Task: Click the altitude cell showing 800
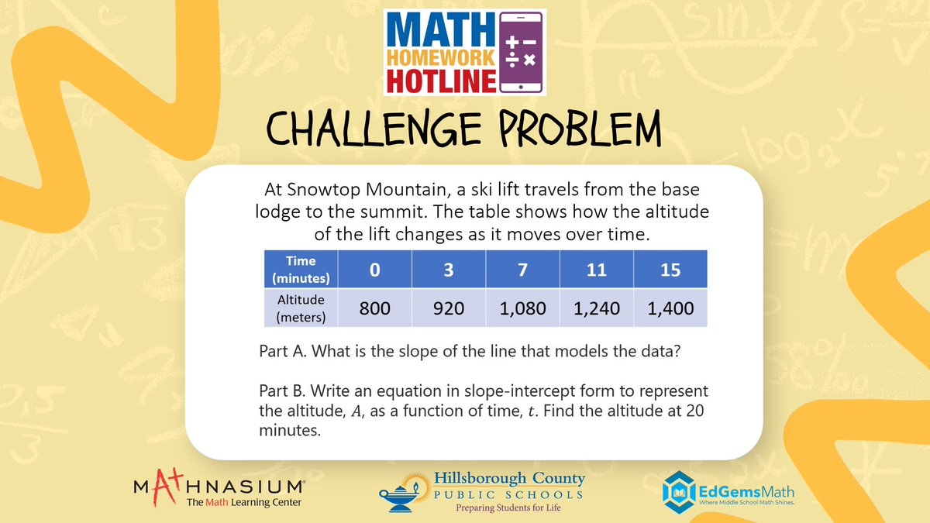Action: [375, 308]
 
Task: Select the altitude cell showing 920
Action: [449, 308]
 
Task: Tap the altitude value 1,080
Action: [522, 308]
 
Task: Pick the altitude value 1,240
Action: [597, 308]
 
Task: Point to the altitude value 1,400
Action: [670, 308]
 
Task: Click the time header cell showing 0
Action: [375, 270]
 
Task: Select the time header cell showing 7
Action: [522, 270]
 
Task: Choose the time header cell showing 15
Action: [670, 270]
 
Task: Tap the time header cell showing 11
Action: [597, 270]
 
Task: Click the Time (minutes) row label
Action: [299, 270]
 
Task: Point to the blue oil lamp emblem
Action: [404, 495]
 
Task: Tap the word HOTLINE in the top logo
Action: [440, 79]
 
